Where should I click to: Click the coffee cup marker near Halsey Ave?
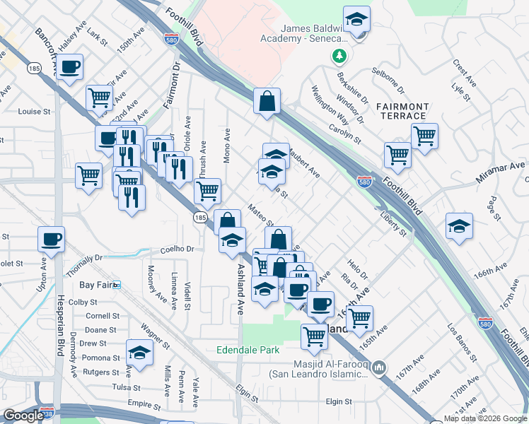(x=69, y=67)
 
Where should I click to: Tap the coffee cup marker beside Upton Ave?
(x=51, y=239)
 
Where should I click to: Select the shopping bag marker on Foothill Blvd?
(x=267, y=101)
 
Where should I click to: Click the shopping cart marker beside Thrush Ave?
(x=207, y=190)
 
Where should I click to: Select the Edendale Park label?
(x=248, y=350)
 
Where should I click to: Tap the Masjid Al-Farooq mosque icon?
(x=380, y=367)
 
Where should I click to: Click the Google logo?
(x=24, y=416)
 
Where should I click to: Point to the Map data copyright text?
(x=485, y=418)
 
